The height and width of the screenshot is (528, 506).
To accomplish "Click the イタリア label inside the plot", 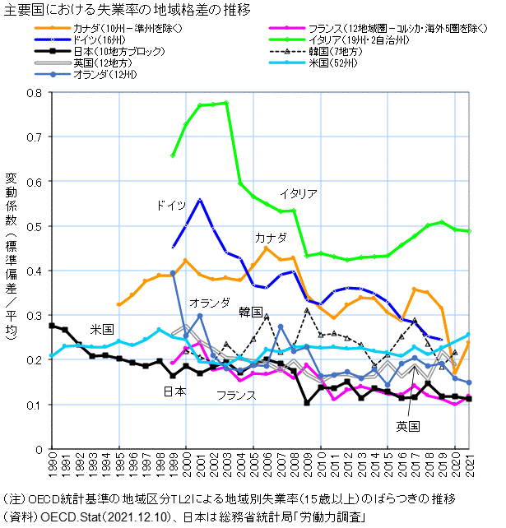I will pyautogui.click(x=298, y=194).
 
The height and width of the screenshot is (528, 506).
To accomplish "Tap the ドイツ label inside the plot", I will pyautogui.click(x=171, y=205).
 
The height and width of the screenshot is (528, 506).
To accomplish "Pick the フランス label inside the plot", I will pyautogui.click(x=236, y=396).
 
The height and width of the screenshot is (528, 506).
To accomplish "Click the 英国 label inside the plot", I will pyautogui.click(x=407, y=426).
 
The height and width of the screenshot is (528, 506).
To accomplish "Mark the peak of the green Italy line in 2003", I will pyautogui.click(x=226, y=103).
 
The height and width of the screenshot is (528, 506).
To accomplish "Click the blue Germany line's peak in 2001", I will pyautogui.click(x=199, y=200).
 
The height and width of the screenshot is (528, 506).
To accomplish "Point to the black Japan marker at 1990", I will pyautogui.click(x=52, y=326).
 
